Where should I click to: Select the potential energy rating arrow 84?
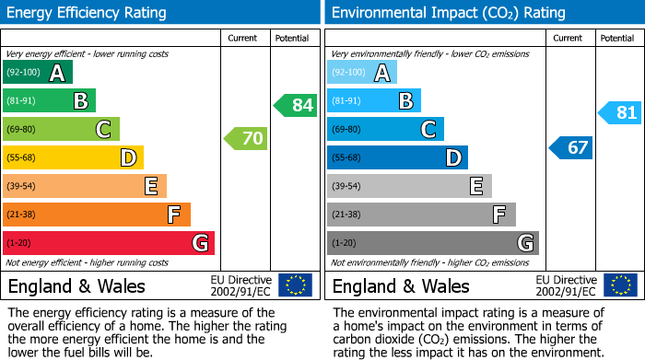[296, 105]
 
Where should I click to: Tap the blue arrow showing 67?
[571, 147]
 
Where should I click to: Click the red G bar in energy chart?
[109, 243]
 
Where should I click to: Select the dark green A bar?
[38, 73]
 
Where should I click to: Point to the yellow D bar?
[74, 157]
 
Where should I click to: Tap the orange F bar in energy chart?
[97, 215]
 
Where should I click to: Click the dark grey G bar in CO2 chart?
[433, 243]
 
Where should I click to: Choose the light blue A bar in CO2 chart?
[362, 73]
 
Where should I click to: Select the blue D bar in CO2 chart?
[397, 157]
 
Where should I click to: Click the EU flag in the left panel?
[295, 285]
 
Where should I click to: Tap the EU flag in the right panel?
[619, 285]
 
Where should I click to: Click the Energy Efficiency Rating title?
[88, 13]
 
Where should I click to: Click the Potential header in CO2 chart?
[617, 38]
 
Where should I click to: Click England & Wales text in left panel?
[76, 286]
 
